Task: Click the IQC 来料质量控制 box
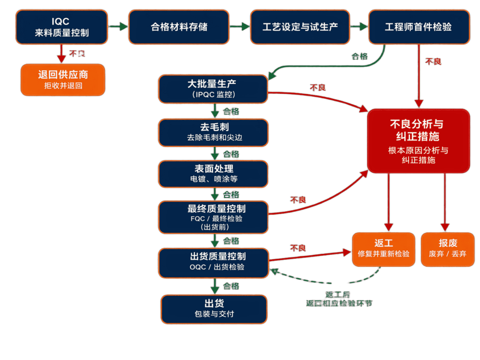pyautogui.click(x=61, y=27)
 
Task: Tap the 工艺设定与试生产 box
pyautogui.click(x=300, y=27)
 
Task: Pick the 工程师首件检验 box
pyautogui.click(x=418, y=27)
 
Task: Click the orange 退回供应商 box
pyautogui.click(x=63, y=80)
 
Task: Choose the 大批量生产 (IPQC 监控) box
pyautogui.click(x=213, y=89)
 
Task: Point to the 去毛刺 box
pyautogui.click(x=213, y=132)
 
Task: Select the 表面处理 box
pyautogui.click(x=213, y=174)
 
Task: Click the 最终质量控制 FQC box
pyautogui.click(x=213, y=217)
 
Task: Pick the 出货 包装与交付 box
pyautogui.click(x=213, y=308)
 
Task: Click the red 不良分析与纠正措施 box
pyautogui.click(x=418, y=141)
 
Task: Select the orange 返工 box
pyautogui.click(x=383, y=249)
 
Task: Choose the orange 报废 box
pyautogui.click(x=448, y=249)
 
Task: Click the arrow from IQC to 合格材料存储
pyautogui.click(x=119, y=27)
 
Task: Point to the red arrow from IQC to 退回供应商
pyautogui.click(x=61, y=52)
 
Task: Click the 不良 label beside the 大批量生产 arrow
pyautogui.click(x=317, y=88)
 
